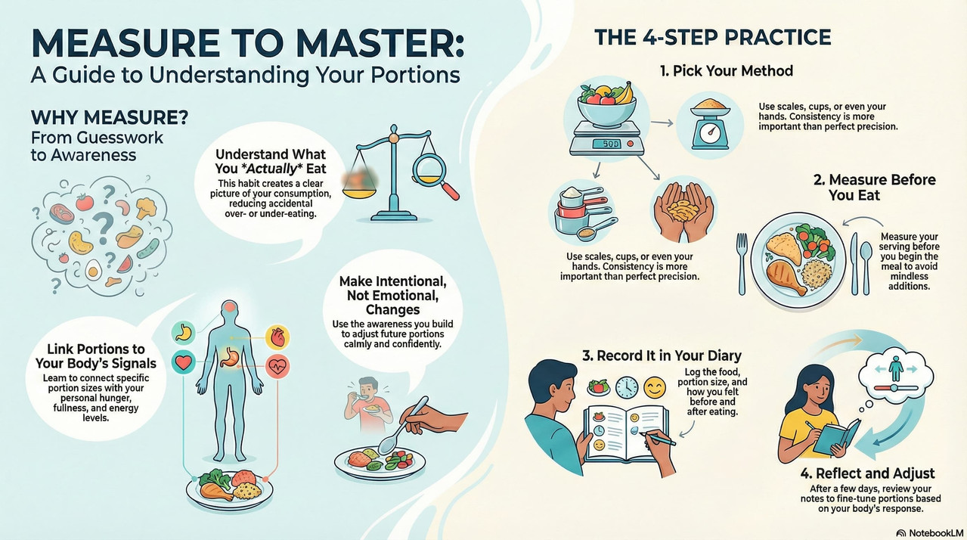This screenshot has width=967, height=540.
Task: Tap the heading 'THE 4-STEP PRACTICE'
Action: tap(713, 37)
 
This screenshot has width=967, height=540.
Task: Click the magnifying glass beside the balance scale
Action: tap(434, 175)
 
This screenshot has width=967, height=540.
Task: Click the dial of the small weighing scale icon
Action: tap(710, 135)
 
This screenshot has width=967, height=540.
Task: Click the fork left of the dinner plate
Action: tap(742, 263)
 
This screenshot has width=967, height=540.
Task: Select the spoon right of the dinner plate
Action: tap(866, 268)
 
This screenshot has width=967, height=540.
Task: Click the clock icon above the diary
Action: tap(626, 387)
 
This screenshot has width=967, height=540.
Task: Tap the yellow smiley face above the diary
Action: tap(655, 387)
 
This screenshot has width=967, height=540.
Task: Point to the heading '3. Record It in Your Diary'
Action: tap(662, 355)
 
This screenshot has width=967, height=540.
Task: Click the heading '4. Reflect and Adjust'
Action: tap(868, 473)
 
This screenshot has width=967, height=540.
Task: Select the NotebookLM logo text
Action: tap(936, 533)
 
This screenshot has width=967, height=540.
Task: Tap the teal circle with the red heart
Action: tap(183, 362)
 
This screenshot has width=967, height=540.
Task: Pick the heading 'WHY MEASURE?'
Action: tap(110, 117)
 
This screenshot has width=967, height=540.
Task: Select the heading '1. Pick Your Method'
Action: tap(727, 70)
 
